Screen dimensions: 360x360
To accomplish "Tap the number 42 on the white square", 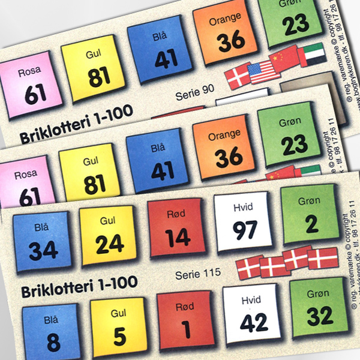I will (x=254, y=322).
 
